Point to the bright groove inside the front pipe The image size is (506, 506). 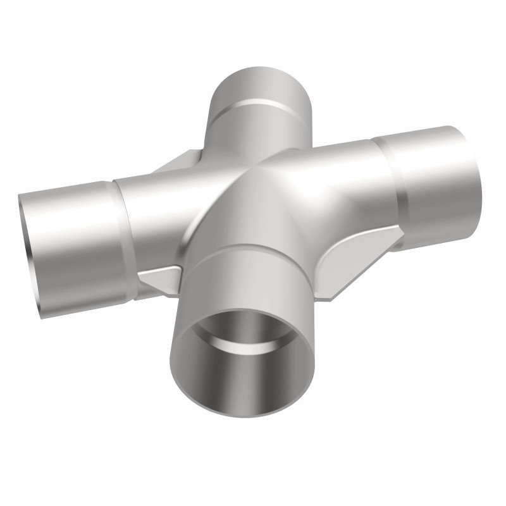(253, 342)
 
